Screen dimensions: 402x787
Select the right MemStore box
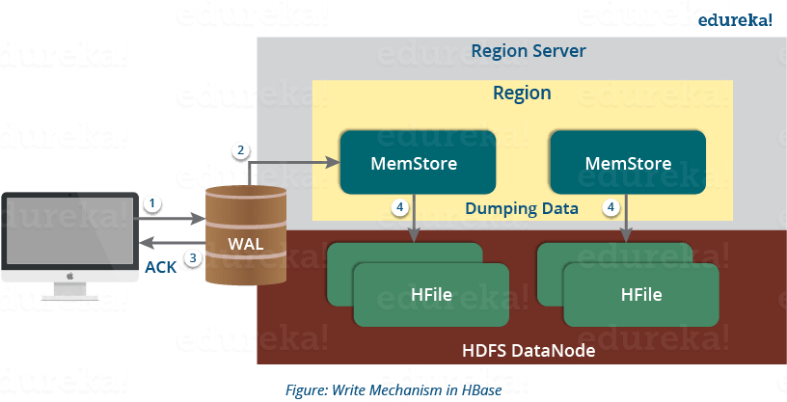tap(627, 163)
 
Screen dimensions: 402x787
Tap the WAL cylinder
tap(246, 236)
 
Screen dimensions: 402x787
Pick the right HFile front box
tap(641, 294)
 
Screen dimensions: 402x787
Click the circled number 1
tap(151, 203)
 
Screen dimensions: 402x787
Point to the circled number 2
tap(241, 150)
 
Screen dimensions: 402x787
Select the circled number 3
tap(194, 257)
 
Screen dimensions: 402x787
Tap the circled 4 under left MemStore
tap(398, 207)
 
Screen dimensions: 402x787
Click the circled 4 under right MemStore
tap(610, 207)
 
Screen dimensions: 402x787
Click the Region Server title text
tap(528, 50)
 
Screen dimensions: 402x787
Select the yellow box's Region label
tap(522, 94)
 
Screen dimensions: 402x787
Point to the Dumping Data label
tap(522, 207)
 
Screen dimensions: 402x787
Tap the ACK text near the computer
tap(160, 267)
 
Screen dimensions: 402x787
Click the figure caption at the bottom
tap(393, 390)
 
